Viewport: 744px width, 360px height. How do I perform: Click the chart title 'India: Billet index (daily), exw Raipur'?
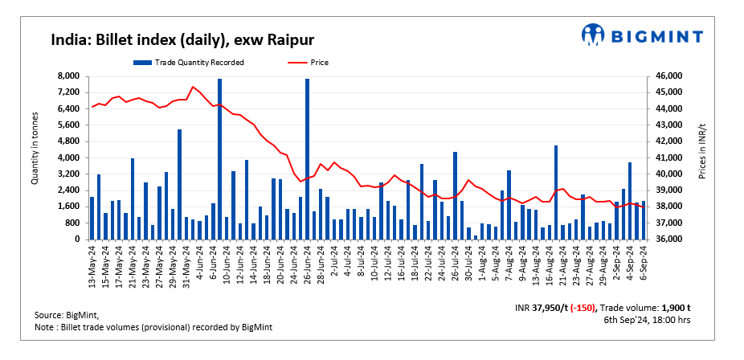click(x=182, y=40)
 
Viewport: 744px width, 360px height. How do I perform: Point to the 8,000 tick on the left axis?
click(x=67, y=76)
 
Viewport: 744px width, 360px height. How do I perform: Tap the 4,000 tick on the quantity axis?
click(x=67, y=157)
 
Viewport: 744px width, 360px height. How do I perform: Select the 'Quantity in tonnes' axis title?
click(x=35, y=157)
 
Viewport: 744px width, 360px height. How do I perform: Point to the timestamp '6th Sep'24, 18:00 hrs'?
click(x=647, y=320)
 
